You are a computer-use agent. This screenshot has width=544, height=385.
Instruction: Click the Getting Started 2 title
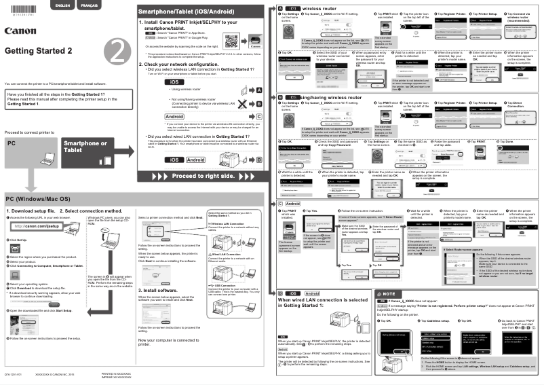tap(38, 52)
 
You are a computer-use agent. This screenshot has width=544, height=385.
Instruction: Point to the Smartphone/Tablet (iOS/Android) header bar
tap(183, 12)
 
